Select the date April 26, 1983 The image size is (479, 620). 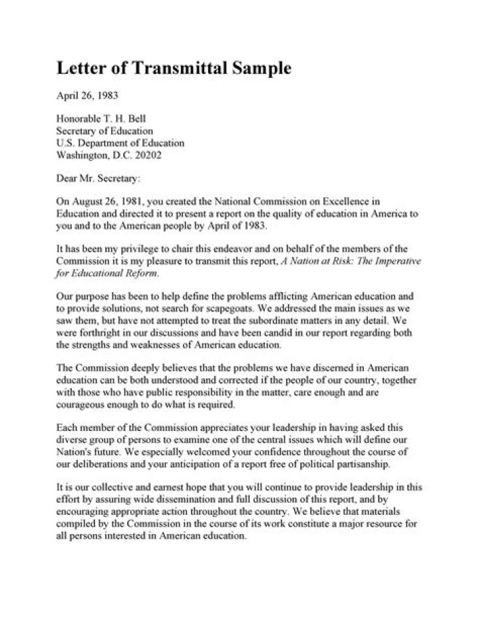(x=86, y=95)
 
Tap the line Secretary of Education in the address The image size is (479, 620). (x=104, y=131)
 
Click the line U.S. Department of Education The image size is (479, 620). (x=120, y=143)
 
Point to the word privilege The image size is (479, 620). (x=154, y=249)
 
